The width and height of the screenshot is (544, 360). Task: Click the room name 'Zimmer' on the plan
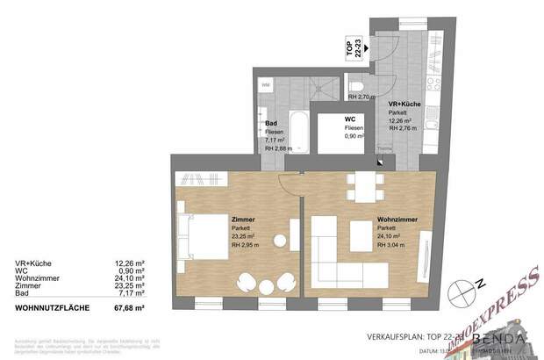point(242,219)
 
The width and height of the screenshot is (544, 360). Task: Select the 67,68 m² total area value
point(129,309)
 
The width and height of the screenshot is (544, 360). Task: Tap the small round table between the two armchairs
point(263,283)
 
